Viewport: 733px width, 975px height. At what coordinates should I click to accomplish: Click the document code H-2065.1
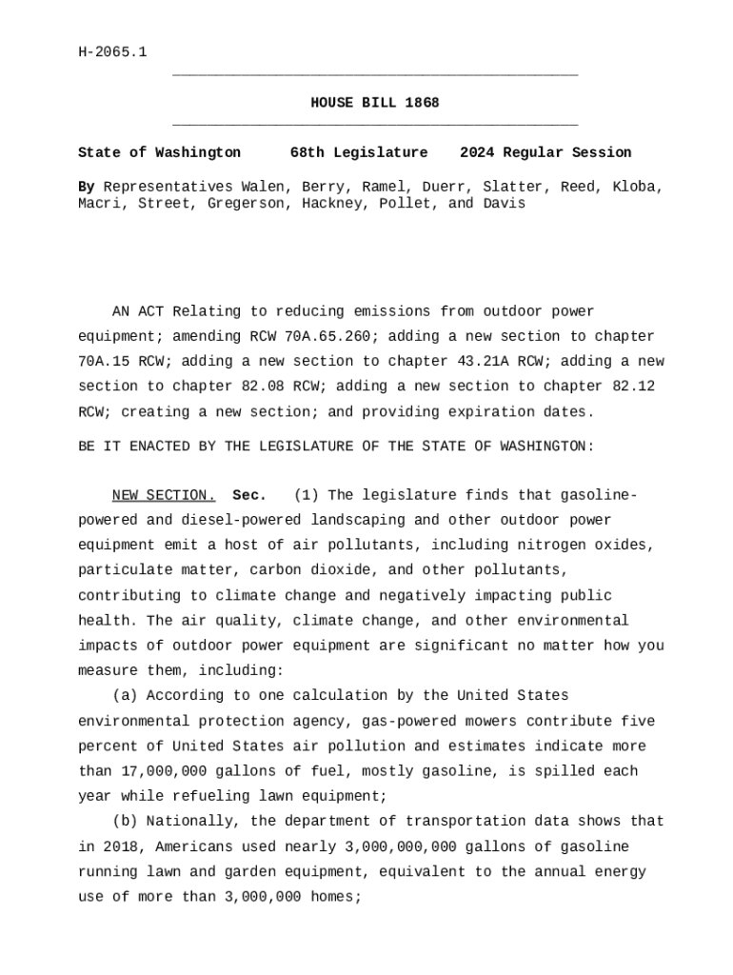(112, 52)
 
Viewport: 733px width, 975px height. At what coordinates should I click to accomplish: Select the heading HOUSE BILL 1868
(375, 103)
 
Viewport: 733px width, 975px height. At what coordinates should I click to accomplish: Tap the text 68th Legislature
(359, 152)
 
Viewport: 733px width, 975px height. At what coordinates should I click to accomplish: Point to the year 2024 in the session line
(477, 152)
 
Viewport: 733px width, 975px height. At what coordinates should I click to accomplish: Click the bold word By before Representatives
(86, 187)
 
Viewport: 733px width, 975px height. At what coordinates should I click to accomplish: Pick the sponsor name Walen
(262, 187)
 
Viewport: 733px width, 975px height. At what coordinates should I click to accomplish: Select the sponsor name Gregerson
(242, 204)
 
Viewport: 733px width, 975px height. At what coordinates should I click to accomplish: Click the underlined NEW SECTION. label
(164, 495)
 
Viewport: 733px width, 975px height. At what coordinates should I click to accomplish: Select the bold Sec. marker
(249, 495)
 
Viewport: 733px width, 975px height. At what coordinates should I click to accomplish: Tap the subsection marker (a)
(125, 695)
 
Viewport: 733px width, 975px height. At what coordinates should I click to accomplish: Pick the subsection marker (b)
(125, 821)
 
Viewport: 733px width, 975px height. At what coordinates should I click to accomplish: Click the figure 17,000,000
(164, 770)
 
